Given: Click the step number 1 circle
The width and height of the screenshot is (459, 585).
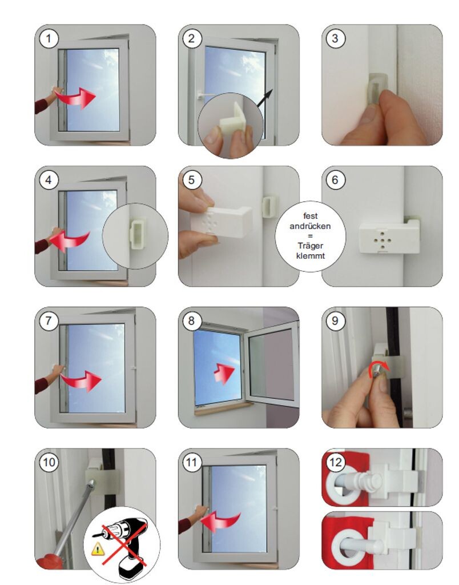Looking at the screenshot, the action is click(x=49, y=38).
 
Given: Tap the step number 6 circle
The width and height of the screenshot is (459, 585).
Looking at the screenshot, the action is click(x=335, y=180).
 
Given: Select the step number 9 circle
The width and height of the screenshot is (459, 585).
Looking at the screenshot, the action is click(x=335, y=321).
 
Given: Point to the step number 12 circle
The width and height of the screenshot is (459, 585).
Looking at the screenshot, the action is click(x=335, y=463).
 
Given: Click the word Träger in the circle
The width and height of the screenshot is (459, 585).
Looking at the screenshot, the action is click(x=310, y=246).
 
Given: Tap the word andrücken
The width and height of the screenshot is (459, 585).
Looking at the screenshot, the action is click(x=310, y=226).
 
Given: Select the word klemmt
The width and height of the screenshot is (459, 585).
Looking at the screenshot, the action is click(x=310, y=256).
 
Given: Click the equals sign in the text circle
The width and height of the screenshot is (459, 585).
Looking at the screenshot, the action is click(x=310, y=236).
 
